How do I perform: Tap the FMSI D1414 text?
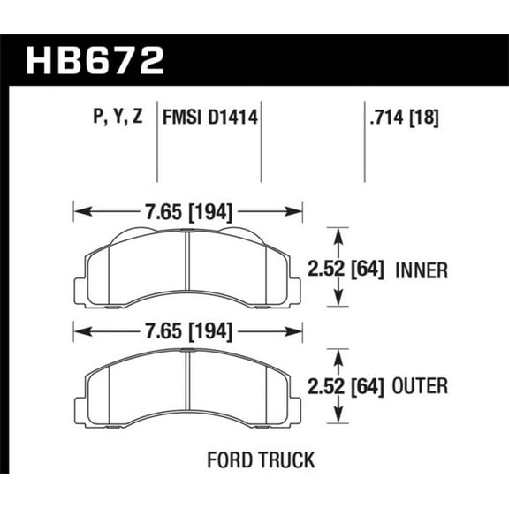(210, 117)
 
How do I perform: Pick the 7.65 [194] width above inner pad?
(188, 212)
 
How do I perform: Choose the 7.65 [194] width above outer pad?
(188, 332)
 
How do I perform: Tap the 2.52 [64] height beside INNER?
(345, 270)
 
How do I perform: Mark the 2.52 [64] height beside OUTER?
(345, 386)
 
